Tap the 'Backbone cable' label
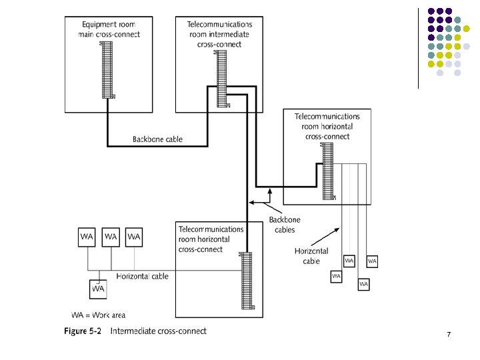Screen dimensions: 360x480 (x=157, y=139)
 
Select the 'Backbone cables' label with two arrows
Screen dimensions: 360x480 (x=285, y=225)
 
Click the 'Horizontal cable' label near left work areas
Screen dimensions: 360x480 (x=143, y=276)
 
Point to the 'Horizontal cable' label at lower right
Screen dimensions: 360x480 (x=311, y=256)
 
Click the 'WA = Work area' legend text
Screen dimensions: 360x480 (x=99, y=315)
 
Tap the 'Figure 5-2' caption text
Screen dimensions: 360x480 (x=82, y=331)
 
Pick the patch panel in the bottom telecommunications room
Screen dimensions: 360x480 (x=247, y=280)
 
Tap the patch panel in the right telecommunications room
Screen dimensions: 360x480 (x=327, y=171)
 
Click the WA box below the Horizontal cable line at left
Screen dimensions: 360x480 (x=98, y=289)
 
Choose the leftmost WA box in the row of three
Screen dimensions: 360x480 (x=87, y=237)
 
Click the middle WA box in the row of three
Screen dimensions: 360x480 (x=111, y=237)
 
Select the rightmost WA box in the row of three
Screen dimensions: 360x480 (x=134, y=237)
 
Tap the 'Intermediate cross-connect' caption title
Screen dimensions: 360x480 (x=158, y=331)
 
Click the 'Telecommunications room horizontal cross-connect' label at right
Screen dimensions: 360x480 (x=327, y=126)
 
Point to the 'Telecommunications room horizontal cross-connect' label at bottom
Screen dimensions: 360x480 (x=211, y=239)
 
